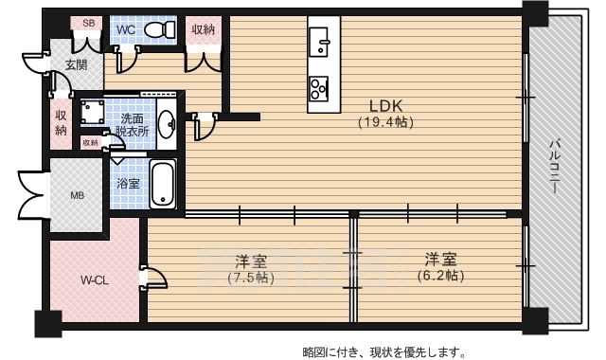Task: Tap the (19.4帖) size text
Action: click(385, 122)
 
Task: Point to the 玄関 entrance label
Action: click(76, 64)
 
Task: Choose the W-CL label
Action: click(93, 280)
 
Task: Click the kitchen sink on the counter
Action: click(318, 41)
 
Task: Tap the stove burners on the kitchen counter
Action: click(318, 87)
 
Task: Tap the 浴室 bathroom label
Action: click(127, 183)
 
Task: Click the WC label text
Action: click(126, 29)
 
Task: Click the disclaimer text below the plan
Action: click(383, 351)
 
